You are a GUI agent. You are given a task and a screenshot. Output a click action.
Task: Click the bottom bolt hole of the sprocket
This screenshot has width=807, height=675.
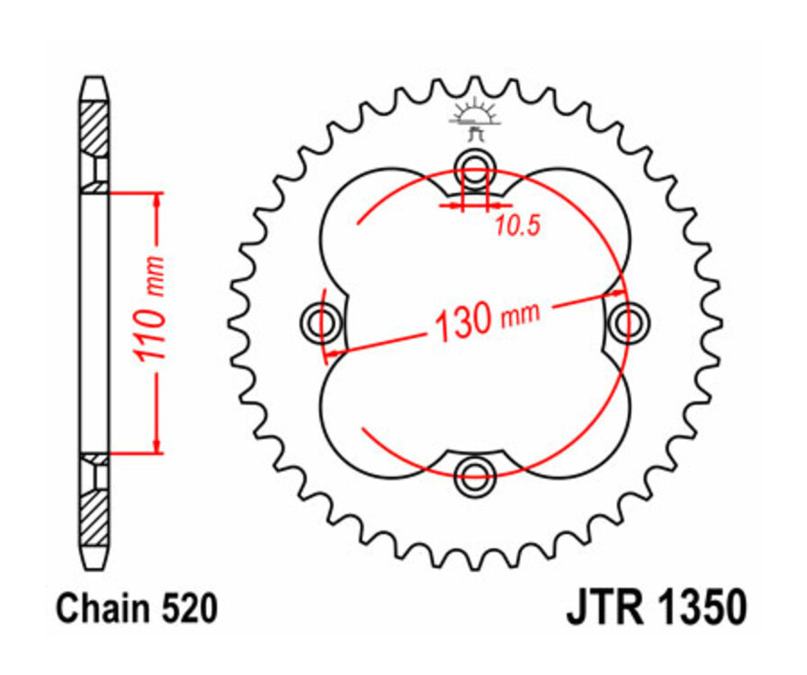coord(473,478)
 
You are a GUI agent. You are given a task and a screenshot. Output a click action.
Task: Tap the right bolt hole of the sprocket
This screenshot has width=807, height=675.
coord(629,321)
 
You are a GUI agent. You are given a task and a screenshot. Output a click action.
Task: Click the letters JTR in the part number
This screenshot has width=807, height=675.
coord(602,609)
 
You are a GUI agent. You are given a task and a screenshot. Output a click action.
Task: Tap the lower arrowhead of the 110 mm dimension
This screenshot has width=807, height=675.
coord(158,443)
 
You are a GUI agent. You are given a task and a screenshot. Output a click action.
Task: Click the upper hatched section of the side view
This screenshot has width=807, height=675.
coord(95,130)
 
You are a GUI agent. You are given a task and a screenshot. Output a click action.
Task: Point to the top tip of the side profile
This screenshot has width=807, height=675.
coord(95,79)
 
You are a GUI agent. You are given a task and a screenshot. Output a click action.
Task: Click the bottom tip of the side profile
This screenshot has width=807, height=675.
coord(95,566)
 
